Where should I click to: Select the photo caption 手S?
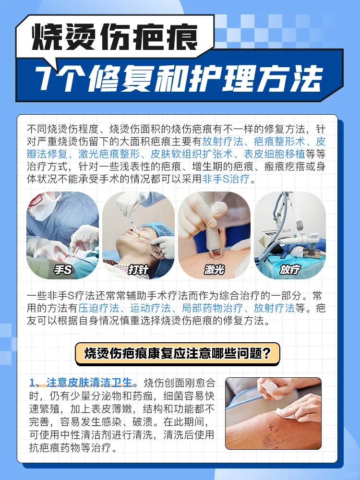pos(62,270)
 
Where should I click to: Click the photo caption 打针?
pos(138,270)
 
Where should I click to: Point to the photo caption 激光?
pos(214,270)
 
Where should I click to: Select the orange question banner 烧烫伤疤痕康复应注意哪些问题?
pos(177,354)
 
